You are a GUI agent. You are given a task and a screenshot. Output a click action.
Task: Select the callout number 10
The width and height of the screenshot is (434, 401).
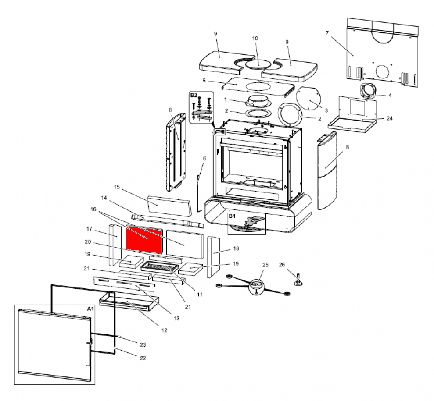pos(255,39)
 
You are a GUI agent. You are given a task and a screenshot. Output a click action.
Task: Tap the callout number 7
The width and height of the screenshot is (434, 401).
pos(327,33)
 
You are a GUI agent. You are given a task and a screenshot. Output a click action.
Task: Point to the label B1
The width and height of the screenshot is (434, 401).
pos(232,216)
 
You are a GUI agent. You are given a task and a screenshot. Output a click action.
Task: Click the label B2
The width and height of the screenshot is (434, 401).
pos(194,95)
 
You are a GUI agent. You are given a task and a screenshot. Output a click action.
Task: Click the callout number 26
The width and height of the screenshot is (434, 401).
pos(282,265)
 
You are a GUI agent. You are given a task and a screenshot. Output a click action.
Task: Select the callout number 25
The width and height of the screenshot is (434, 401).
pos(265,265)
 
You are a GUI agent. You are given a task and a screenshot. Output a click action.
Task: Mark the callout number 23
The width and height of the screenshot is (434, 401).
pos(143,344)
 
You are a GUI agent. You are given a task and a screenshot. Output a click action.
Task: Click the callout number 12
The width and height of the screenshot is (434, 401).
pos(164,330)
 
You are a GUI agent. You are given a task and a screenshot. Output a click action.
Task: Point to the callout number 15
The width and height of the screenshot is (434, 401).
pos(117,187)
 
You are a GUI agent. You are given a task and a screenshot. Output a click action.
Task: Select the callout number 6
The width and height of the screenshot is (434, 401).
pos(204,158)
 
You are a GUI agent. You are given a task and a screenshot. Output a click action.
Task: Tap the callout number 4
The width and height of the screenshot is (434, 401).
pos(390,95)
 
